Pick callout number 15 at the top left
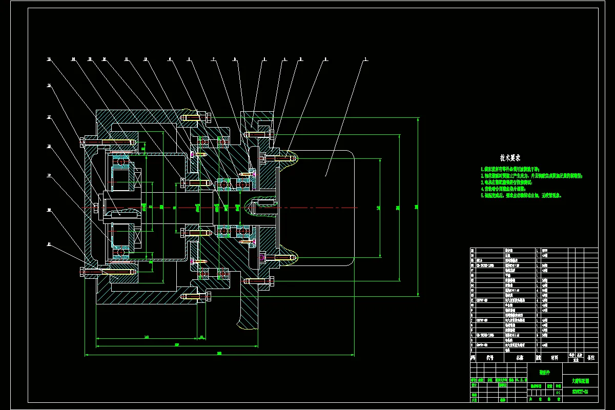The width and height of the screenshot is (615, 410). pyautogui.click(x=50, y=59)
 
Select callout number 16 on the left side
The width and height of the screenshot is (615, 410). pyautogui.click(x=50, y=86)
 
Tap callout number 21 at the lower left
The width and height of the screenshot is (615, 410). pyautogui.click(x=50, y=244)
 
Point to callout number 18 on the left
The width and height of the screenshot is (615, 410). pyautogui.click(x=50, y=146)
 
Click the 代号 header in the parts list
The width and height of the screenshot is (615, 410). pyautogui.click(x=489, y=358)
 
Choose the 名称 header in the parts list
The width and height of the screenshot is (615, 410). pyautogui.click(x=520, y=358)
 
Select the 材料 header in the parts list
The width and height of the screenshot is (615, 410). pyautogui.click(x=555, y=358)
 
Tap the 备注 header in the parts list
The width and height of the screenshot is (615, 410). pyautogui.click(x=591, y=358)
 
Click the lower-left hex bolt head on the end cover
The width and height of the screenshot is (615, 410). pyautogui.click(x=82, y=271)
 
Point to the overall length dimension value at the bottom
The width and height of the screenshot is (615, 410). pyautogui.click(x=219, y=353)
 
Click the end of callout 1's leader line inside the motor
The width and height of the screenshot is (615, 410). pyautogui.click(x=325, y=176)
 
